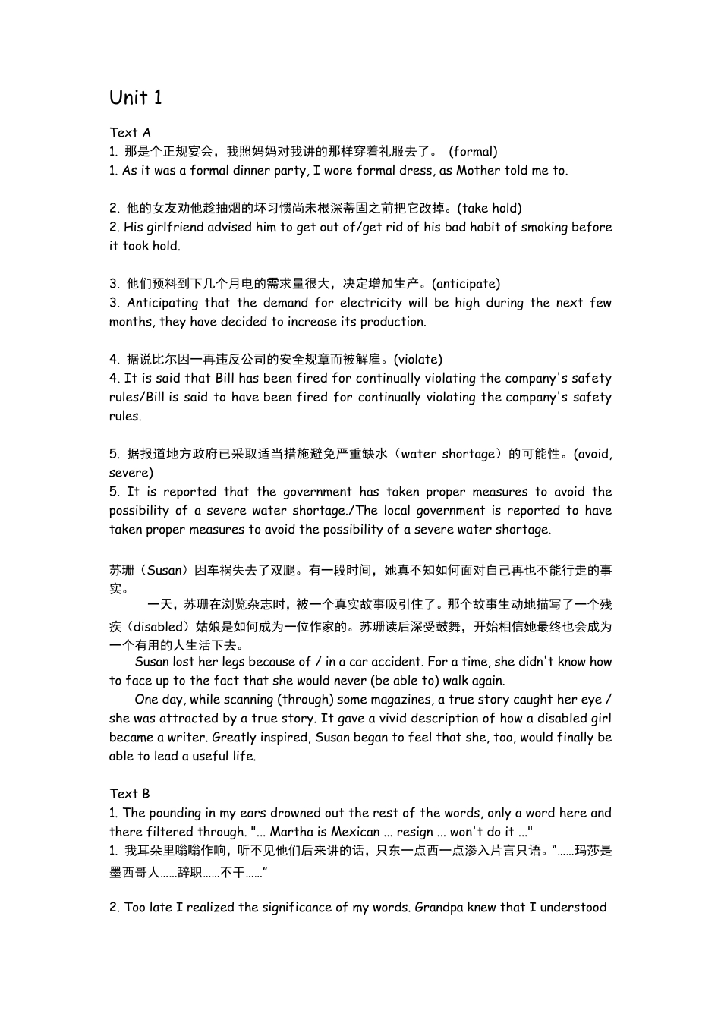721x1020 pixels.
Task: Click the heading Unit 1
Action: point(136,97)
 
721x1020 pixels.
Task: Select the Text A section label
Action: point(130,132)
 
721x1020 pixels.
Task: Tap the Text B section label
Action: point(130,793)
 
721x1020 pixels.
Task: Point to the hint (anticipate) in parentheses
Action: point(466,284)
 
